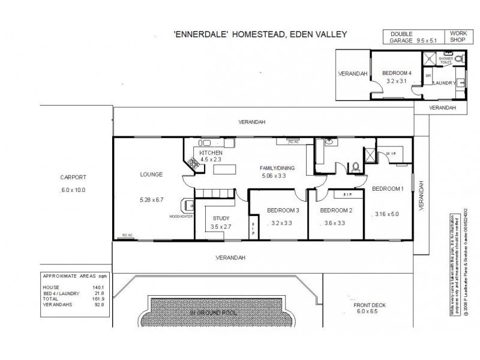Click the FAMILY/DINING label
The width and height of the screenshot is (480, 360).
pos(278,167)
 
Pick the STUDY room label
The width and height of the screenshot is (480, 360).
pos(221,218)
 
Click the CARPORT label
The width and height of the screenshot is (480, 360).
pos(73,178)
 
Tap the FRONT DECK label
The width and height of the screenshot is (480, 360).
pos(370,304)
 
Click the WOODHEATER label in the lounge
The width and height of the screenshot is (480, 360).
pos(181,217)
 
